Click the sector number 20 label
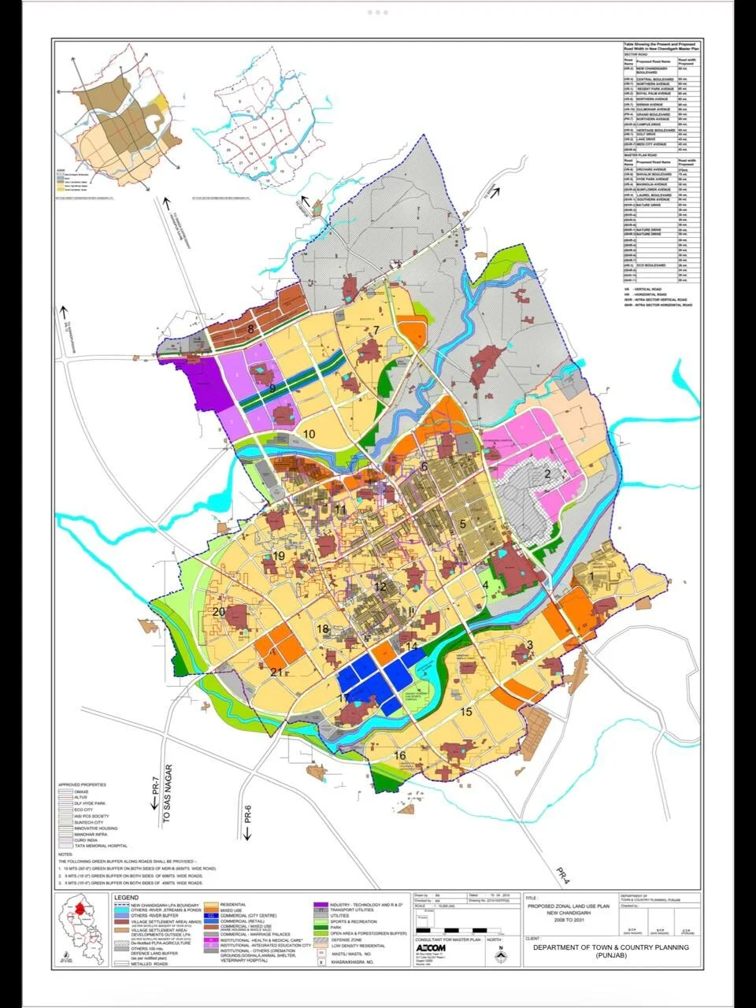[219, 612]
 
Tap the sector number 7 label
[377, 329]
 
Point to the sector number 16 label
[400, 756]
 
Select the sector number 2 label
[547, 473]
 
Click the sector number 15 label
[465, 713]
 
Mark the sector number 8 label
[251, 329]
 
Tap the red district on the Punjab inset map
[80, 909]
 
